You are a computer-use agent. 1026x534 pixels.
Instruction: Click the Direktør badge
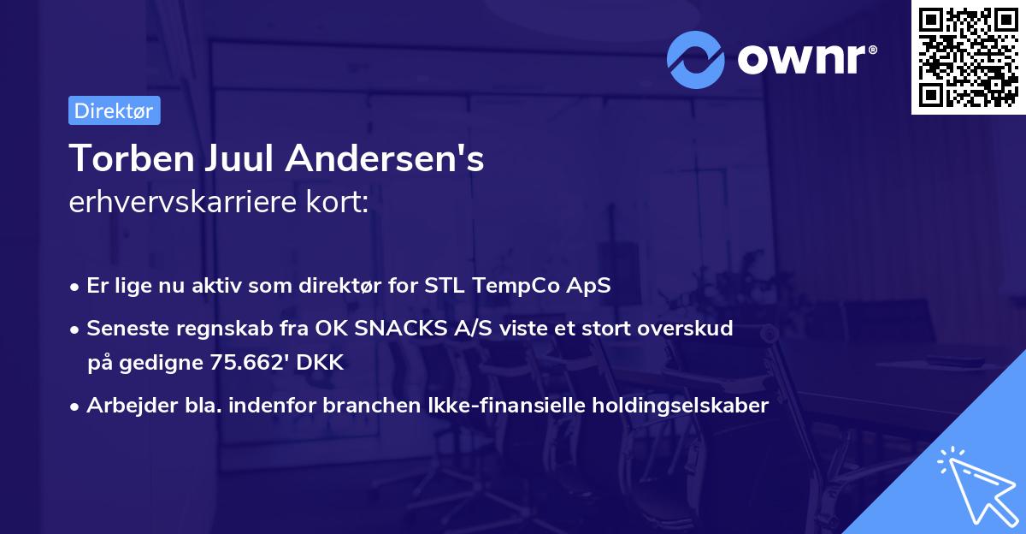(114, 110)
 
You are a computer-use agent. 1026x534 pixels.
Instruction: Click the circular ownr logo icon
(696, 59)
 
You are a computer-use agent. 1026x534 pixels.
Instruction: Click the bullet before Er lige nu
(76, 287)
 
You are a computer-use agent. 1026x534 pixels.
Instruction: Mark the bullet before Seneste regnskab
(76, 329)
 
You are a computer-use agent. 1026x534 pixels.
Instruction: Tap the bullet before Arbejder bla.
(76, 406)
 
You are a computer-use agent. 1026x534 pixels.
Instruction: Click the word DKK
(323, 362)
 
